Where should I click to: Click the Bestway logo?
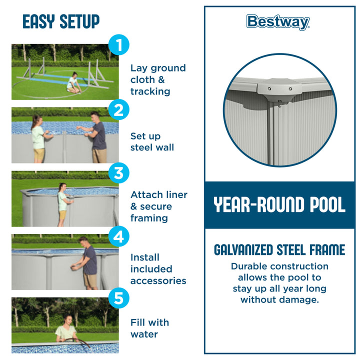point(278,22)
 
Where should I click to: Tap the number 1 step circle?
point(118,45)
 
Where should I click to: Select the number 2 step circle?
point(118,110)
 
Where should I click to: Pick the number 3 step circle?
point(118,173)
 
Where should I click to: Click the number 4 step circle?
point(118,237)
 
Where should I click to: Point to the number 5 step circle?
point(118,298)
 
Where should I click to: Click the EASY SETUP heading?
point(61,21)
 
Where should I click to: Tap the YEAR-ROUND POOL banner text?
point(279,205)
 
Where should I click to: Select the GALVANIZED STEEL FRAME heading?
point(279,250)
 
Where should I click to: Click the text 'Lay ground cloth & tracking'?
point(157,80)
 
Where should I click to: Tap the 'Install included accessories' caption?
point(158,269)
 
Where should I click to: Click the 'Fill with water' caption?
point(149,328)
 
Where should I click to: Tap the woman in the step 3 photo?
point(62,202)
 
